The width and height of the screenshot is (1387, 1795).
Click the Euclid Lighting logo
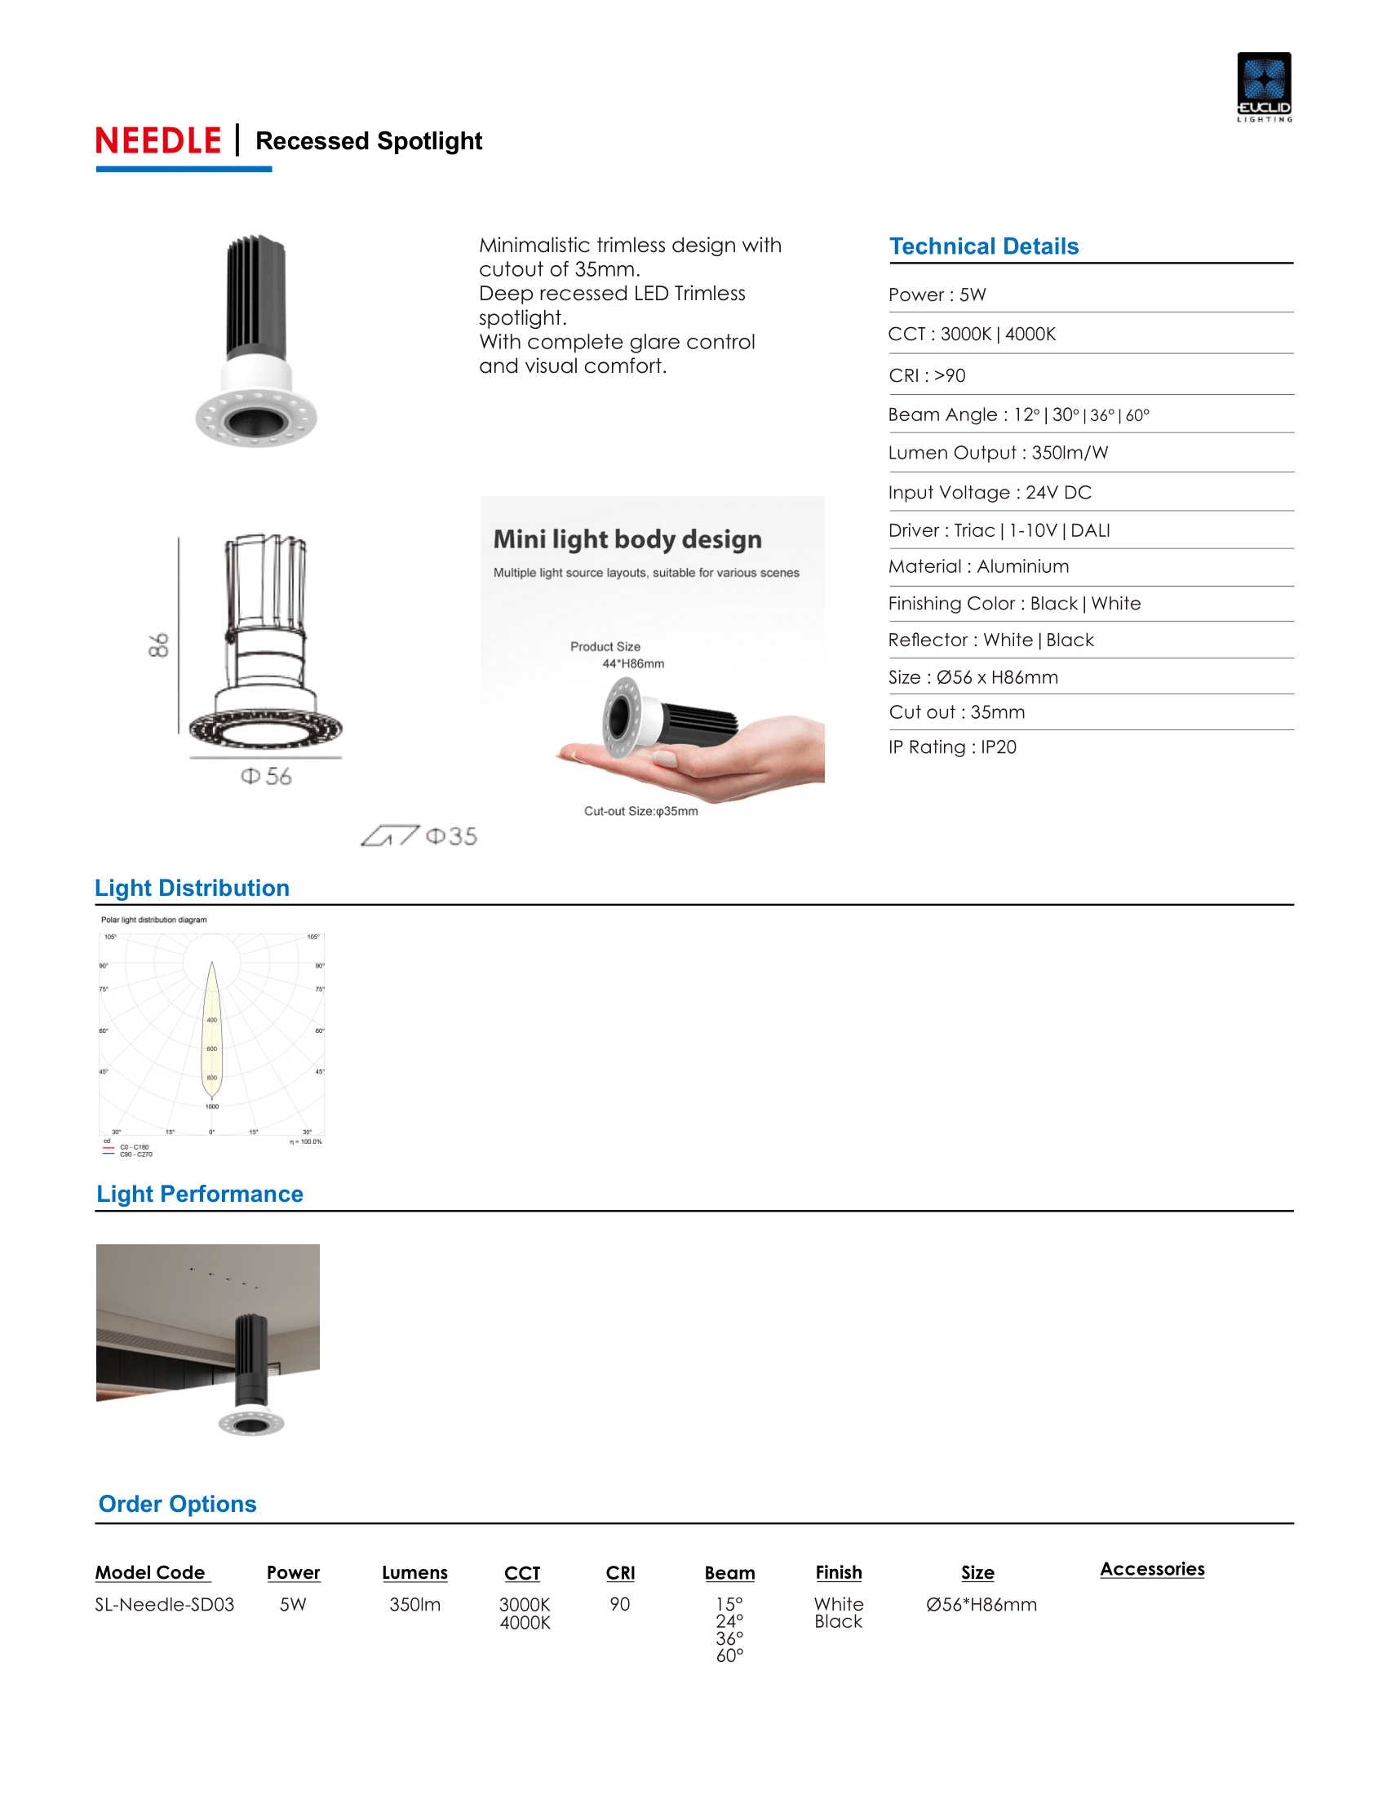1264,86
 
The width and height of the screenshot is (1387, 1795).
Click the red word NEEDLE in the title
158,141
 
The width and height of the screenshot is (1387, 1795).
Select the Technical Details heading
984,246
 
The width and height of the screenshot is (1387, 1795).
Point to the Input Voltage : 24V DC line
990,492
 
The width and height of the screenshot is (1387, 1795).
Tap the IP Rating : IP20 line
952,747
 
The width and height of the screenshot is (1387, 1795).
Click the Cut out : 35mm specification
956,712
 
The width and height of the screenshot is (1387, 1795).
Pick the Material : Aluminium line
977,566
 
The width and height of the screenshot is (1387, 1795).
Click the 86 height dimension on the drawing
158,645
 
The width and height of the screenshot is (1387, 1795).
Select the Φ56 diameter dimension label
266,777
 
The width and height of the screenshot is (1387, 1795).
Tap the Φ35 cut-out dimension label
451,836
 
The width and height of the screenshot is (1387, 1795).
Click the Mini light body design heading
627,539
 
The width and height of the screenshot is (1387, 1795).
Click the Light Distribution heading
193,888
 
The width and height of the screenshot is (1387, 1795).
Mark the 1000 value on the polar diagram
212,1106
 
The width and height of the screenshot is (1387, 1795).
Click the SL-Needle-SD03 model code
164,1604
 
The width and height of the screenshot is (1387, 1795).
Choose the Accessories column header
1152,1569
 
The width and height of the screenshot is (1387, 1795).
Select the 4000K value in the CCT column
525,1623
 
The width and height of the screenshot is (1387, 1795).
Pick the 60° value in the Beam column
729,1656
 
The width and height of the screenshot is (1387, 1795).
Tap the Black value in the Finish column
838,1621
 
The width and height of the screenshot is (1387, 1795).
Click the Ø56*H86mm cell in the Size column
981,1604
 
